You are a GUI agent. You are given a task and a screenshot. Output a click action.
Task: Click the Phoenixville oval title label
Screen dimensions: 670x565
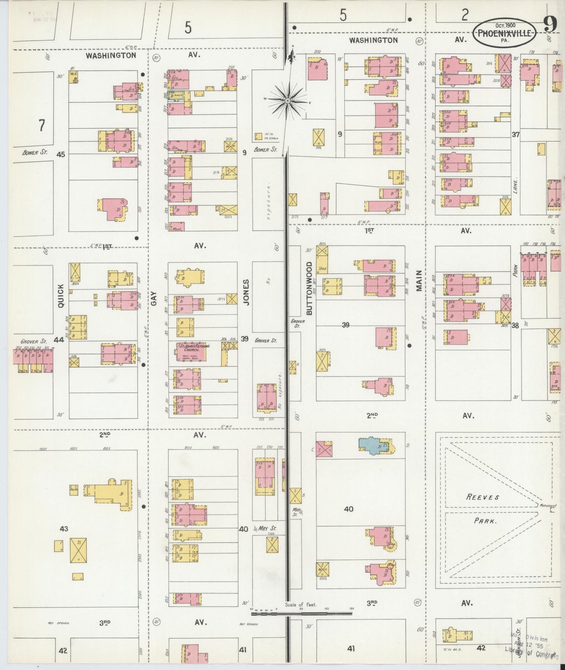(x=504, y=32)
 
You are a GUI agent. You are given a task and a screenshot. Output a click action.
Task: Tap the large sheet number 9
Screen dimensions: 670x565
(x=550, y=26)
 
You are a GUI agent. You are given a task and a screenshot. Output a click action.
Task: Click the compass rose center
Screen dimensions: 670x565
(x=287, y=101)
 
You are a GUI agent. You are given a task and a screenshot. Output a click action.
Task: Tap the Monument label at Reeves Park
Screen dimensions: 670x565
(x=547, y=505)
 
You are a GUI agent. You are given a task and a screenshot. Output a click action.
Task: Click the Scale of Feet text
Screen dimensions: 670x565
(x=301, y=604)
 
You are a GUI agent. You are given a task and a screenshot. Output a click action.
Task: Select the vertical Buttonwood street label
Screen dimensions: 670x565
(x=309, y=288)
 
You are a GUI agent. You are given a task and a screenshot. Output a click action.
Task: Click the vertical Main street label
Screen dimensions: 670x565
(x=419, y=280)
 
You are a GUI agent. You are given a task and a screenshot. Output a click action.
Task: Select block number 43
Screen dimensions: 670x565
(x=64, y=529)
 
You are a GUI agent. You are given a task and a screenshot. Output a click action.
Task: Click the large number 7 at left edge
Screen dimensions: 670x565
(x=41, y=125)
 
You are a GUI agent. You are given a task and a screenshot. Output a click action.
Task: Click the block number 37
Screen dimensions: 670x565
(x=516, y=134)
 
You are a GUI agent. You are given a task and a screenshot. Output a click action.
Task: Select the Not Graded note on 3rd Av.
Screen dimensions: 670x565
(x=249, y=624)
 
